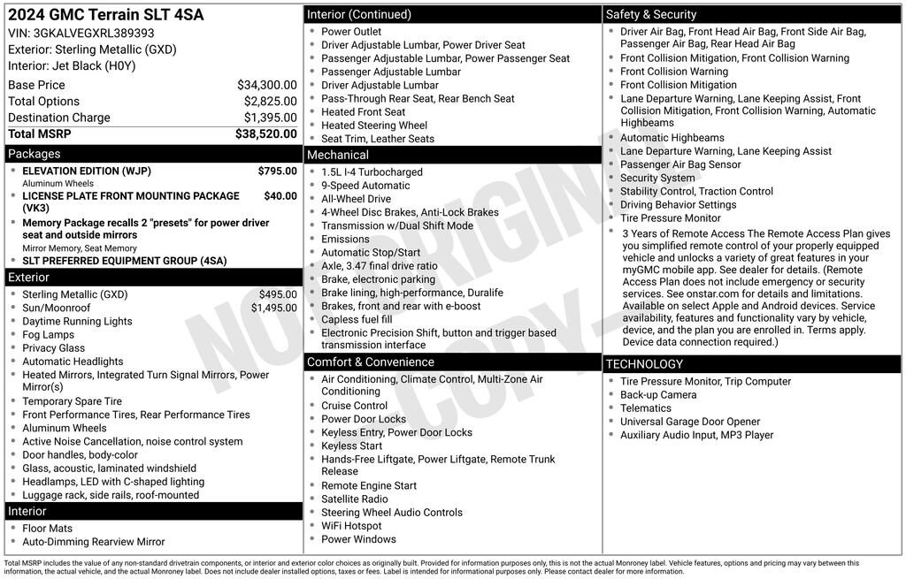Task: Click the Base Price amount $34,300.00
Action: tap(266, 85)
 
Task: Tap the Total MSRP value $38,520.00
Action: tap(265, 133)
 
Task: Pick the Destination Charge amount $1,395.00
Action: tap(270, 118)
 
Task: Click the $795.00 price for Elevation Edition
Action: tap(277, 171)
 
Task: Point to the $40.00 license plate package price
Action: tap(280, 195)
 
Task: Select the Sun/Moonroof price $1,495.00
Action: tap(273, 308)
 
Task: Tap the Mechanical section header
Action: tap(337, 155)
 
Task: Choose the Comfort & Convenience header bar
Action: tap(370, 362)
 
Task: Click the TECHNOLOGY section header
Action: tap(644, 363)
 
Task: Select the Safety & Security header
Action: tap(650, 14)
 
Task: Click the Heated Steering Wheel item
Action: tap(373, 126)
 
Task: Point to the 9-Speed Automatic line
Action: tap(365, 186)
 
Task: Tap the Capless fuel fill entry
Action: tap(357, 319)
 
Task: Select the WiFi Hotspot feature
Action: tap(351, 526)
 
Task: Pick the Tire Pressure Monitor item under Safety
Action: tap(670, 217)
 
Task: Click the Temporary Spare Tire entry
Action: tap(72, 401)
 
